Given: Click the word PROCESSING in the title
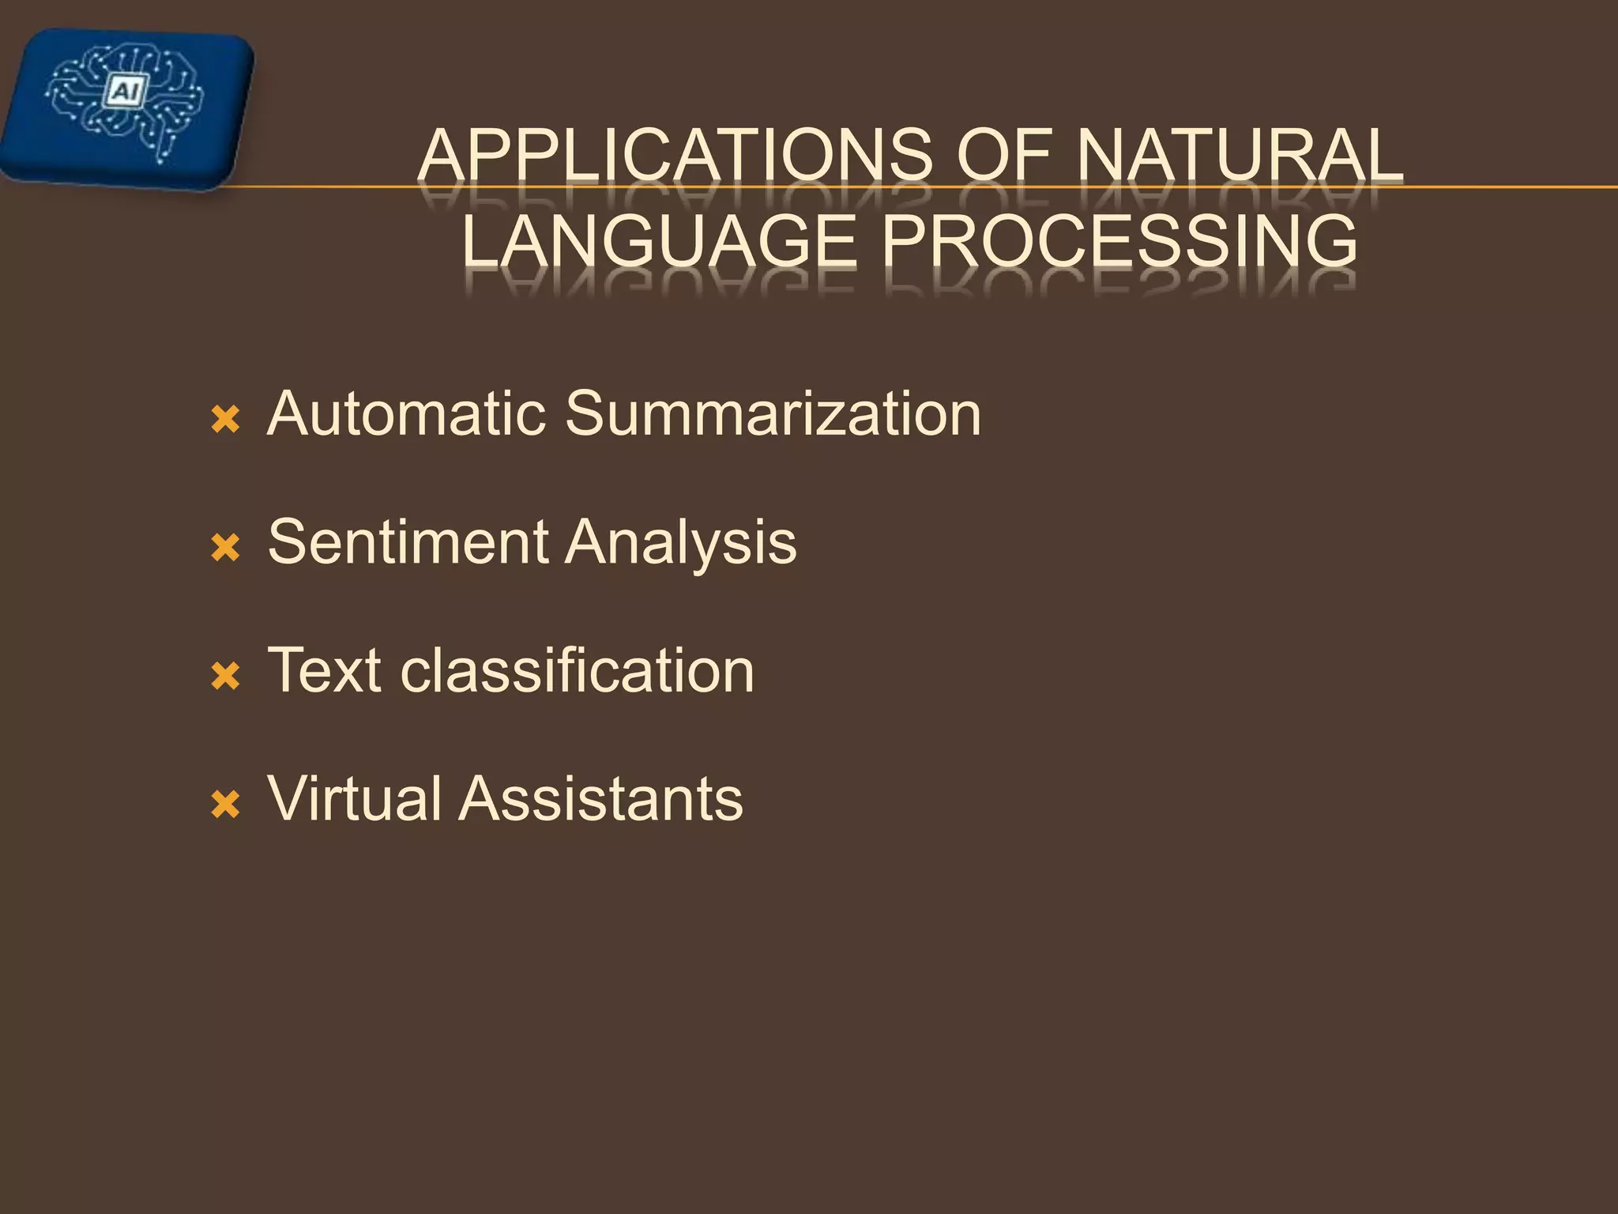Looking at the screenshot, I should pyautogui.click(x=1119, y=241).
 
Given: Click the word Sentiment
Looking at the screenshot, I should pyautogui.click(x=408, y=542).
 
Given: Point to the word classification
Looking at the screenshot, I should pyautogui.click(x=578, y=670).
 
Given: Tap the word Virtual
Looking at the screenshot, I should pyautogui.click(x=355, y=798).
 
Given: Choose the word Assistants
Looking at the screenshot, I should pyautogui.click(x=601, y=798).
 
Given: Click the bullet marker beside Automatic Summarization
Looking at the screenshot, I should pyautogui.click(x=226, y=420).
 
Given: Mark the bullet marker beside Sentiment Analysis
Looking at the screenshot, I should pyautogui.click(x=226, y=548).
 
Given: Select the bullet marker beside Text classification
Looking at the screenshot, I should pyautogui.click(x=226, y=677).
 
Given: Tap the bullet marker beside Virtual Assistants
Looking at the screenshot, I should pyautogui.click(x=226, y=805).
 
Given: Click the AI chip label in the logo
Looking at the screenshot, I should pyautogui.click(x=125, y=92).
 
